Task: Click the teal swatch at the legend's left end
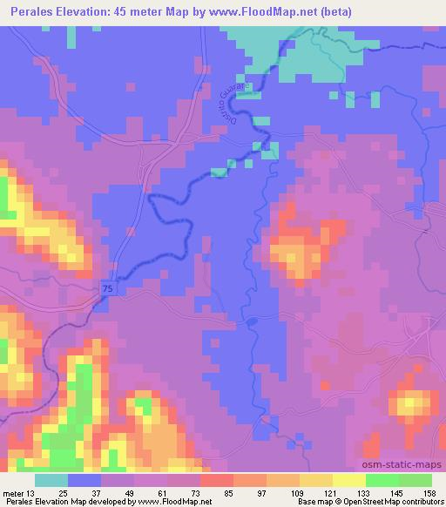[x=51, y=480]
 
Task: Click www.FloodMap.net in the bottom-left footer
[x=174, y=502]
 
